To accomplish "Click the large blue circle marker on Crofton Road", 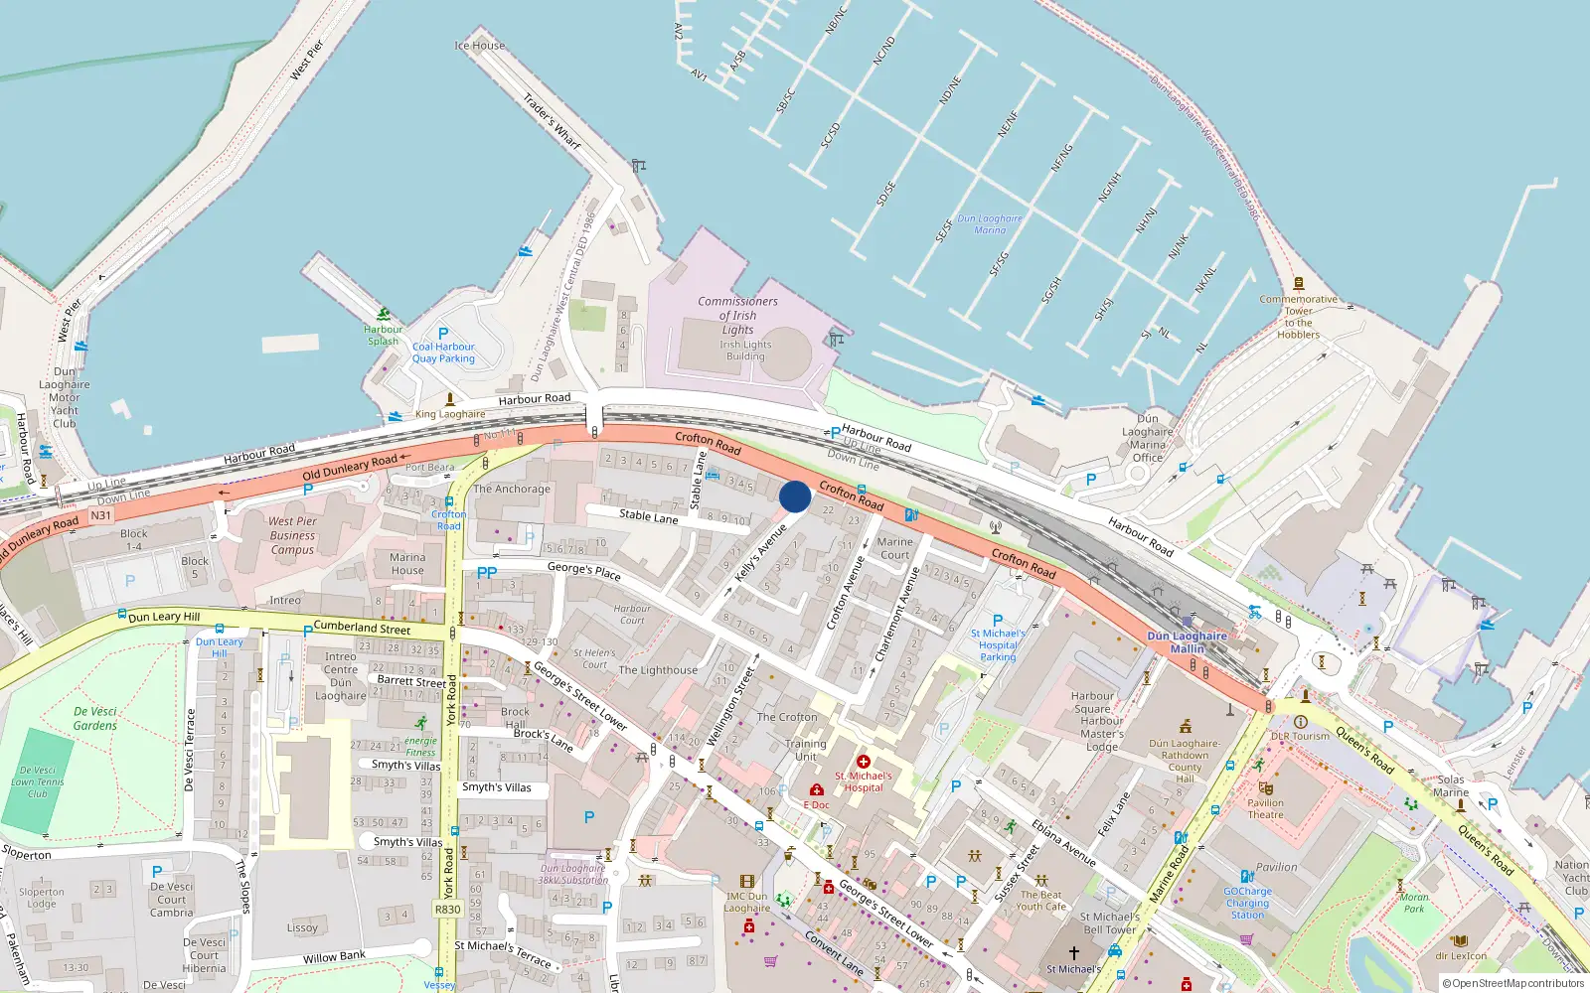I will pos(795,496).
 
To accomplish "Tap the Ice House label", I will pos(479,46).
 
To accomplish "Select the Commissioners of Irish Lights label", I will pos(737,315).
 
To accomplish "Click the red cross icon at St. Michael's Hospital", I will pos(863,762).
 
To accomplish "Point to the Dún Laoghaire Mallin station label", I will pos(1187,642).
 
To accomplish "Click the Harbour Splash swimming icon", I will pos(384,314).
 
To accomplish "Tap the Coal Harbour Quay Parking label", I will pos(443,353).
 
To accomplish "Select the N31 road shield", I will pos(101,515).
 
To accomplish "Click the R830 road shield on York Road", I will pos(448,909).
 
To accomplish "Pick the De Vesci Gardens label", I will pos(95,719).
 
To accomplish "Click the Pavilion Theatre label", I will pos(1265,808).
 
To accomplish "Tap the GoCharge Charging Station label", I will pos(1247,903).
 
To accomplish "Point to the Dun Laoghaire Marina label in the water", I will pos(989,224).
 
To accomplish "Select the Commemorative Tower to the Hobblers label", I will pos(1298,317).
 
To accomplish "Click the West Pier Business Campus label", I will pos(292,535).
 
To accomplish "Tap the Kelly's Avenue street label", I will pos(760,553).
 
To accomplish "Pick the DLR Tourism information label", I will pos(1300,736).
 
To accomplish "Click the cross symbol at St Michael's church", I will pos(1073,952).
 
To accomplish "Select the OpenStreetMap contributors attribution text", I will pos(1512,984).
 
